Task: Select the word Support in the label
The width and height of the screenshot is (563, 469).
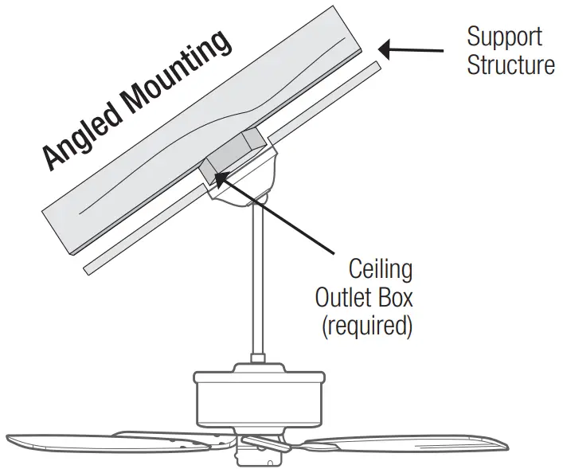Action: (x=504, y=37)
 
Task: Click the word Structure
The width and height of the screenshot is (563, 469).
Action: (x=510, y=64)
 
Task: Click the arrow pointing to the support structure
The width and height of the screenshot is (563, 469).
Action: (x=411, y=50)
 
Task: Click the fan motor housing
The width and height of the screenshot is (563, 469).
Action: (x=258, y=403)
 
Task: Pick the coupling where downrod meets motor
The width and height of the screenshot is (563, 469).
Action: (x=259, y=366)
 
